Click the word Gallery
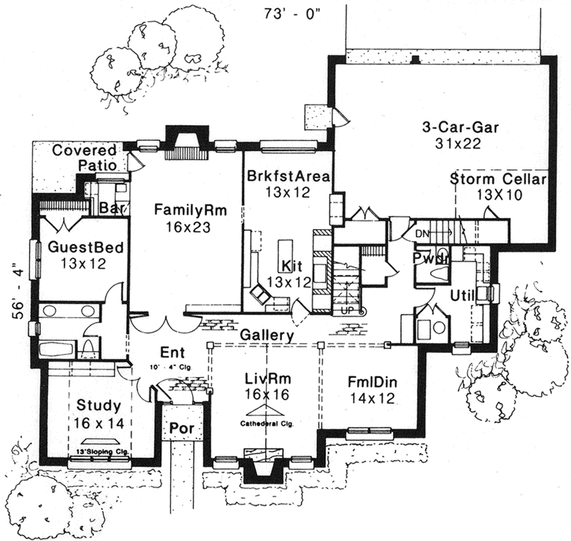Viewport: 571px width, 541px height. [268, 335]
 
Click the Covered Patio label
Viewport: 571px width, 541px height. [84, 157]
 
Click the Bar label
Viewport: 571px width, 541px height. [109, 209]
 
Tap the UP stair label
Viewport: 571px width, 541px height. [348, 311]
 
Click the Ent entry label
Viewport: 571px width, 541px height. [172, 352]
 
